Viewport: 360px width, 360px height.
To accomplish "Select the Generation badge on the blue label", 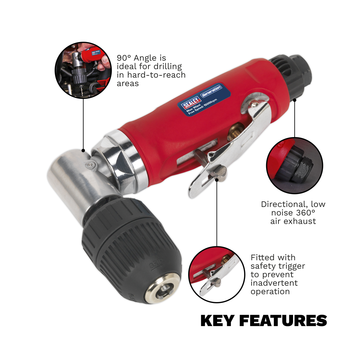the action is (211, 91).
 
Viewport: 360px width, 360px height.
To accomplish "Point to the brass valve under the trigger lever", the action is (234, 131).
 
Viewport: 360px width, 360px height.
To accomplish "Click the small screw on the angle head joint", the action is (90, 165).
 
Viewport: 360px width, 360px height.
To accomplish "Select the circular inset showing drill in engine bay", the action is (83, 70).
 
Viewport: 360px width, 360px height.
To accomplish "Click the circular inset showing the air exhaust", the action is (295, 166).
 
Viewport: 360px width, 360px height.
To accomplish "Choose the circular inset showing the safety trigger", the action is (217, 274).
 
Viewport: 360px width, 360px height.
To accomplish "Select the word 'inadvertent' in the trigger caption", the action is (274, 283).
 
